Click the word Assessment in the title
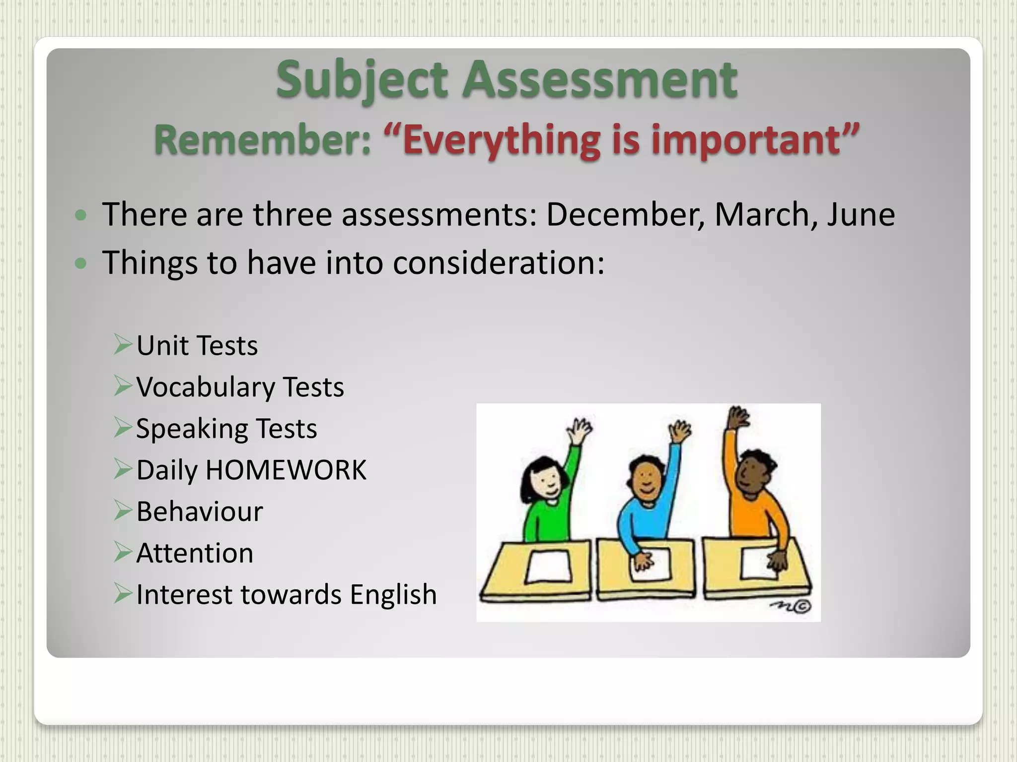(x=600, y=79)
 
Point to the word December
(x=625, y=214)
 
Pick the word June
(x=861, y=214)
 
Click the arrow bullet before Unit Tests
(x=123, y=344)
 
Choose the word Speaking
(x=192, y=429)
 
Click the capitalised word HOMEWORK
(x=286, y=470)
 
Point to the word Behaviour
(x=200, y=511)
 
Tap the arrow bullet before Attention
(x=123, y=552)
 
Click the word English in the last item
(x=393, y=594)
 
